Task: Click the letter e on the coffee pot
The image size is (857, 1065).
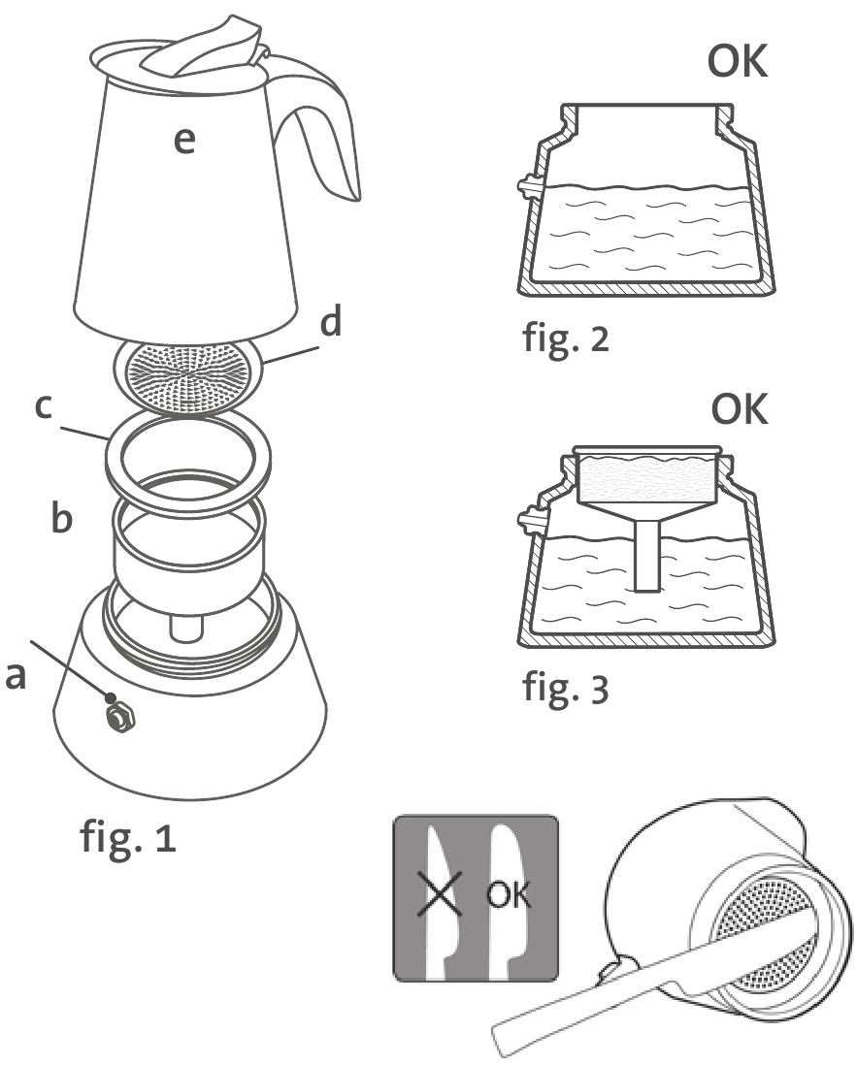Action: click(x=183, y=142)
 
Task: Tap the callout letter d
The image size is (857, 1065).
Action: click(x=332, y=323)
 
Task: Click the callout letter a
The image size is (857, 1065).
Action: click(x=16, y=678)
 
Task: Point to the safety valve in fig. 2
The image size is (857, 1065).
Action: click(x=527, y=184)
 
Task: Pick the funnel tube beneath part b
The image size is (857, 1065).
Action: click(x=185, y=626)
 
